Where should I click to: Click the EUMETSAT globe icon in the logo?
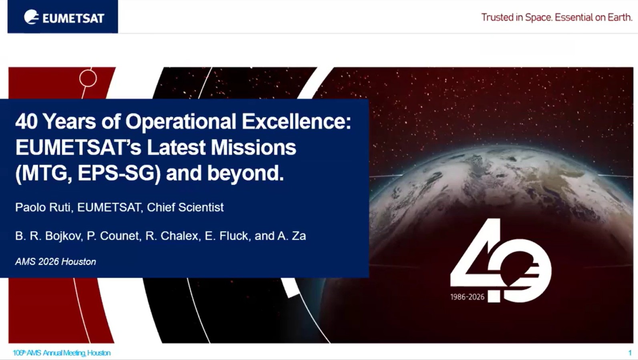(31, 17)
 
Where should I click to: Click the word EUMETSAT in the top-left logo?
(74, 18)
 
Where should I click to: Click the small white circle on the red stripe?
(88, 78)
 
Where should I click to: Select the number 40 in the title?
(26, 121)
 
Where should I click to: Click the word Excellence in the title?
(297, 121)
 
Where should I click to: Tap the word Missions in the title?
(253, 148)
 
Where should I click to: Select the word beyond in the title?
(245, 173)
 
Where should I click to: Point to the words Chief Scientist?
(185, 207)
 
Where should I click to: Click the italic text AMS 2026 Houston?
(56, 262)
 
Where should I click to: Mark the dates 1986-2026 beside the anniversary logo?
(467, 297)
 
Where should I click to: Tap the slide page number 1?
(630, 353)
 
